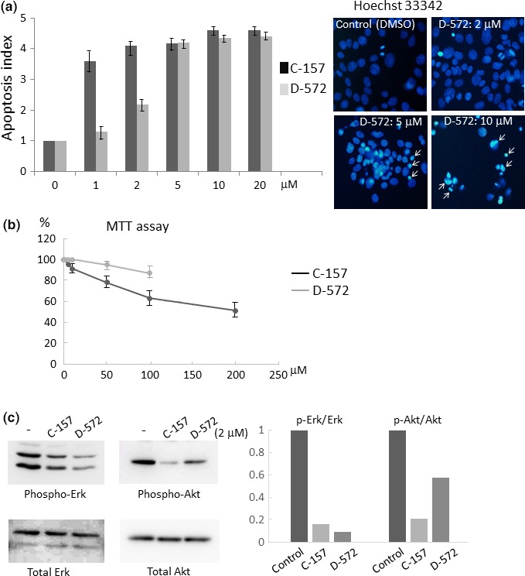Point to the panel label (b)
[x=11, y=227]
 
